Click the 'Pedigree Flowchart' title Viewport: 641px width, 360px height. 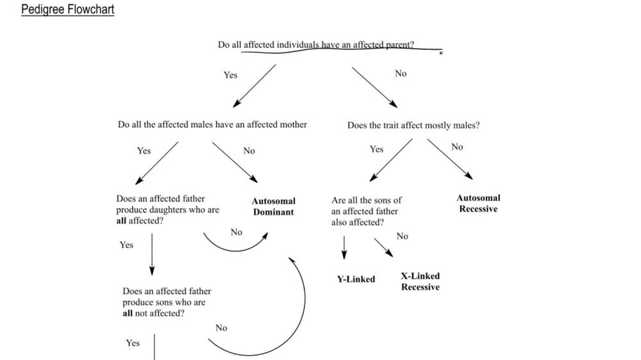tap(67, 10)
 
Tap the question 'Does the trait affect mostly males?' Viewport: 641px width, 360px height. tap(413, 126)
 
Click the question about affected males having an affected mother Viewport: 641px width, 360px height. tap(212, 124)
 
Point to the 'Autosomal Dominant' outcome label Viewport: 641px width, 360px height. tap(274, 206)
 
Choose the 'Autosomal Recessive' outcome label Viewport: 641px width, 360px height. tap(478, 204)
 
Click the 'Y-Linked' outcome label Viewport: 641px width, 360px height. tap(356, 279)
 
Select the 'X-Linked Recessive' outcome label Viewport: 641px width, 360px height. tap(420, 281)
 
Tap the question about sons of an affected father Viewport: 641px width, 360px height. tap(367, 211)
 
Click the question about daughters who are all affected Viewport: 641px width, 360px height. tap(167, 210)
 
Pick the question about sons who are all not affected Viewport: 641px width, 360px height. tap(167, 302)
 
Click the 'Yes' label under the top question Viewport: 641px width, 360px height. tap(230, 75)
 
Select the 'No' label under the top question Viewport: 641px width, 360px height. tap(401, 74)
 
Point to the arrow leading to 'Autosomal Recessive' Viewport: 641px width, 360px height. tap(450, 160)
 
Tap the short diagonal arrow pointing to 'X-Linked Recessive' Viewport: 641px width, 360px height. tap(383, 247)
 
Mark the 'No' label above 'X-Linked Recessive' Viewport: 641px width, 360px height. tap(402, 236)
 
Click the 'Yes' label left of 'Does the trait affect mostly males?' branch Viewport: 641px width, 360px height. tap(376, 149)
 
